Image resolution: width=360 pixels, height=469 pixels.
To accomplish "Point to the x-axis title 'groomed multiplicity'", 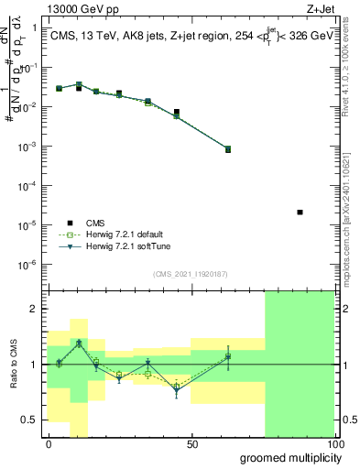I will click(x=286, y=457).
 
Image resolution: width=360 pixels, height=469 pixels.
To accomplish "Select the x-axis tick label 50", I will click(x=192, y=444).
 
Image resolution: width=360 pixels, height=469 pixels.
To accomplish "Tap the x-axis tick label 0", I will click(x=49, y=444).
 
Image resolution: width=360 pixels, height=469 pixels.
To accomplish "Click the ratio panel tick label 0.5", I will click(x=29, y=420).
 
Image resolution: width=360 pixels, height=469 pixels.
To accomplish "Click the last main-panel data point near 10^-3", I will click(x=228, y=148).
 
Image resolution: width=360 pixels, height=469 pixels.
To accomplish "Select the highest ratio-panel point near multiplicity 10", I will click(x=79, y=343).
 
